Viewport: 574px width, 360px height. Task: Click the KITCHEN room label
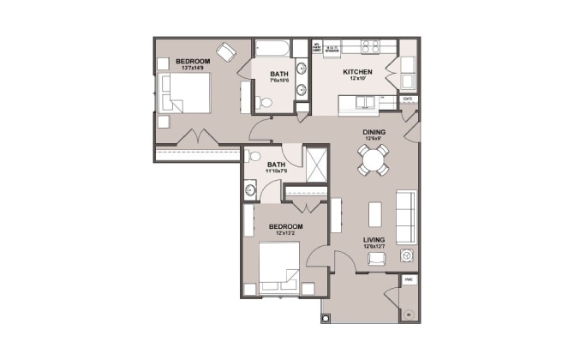click(x=356, y=73)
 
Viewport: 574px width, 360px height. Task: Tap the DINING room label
click(x=374, y=131)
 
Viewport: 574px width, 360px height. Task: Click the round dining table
click(x=374, y=160)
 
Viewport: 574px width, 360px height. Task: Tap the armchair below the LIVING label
click(x=374, y=260)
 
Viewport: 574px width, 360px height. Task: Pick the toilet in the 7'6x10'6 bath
click(x=265, y=103)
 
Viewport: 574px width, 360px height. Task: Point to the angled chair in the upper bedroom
click(x=227, y=51)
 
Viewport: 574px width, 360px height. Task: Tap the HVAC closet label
click(x=409, y=279)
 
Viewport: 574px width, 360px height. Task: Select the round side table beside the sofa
click(x=408, y=255)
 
